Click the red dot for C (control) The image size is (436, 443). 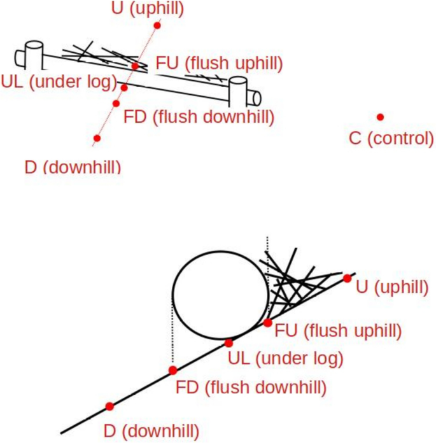[x=380, y=117]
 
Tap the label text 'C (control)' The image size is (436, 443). [x=391, y=137]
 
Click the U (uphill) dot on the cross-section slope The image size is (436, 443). [x=347, y=278]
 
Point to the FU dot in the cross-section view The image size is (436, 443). [x=269, y=323]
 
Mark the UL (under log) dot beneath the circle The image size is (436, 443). [x=229, y=343]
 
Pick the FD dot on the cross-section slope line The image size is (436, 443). [x=172, y=370]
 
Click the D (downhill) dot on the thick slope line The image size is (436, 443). [x=109, y=406]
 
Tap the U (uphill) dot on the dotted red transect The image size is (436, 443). [x=157, y=25]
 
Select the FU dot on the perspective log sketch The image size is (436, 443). [x=135, y=66]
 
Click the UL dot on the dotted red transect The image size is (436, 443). [x=124, y=87]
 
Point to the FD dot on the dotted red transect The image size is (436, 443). [x=116, y=103]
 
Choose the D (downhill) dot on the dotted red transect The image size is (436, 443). [x=97, y=137]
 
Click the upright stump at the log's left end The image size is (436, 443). [x=34, y=55]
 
